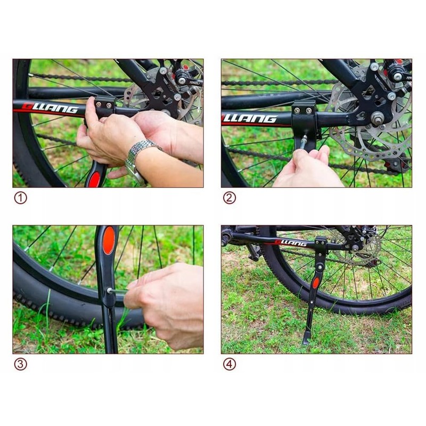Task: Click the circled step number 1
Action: coord(20,198)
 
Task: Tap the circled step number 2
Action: coord(229,198)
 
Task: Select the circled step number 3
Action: coord(20,365)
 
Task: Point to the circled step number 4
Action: coord(229,365)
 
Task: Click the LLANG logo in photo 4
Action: coord(291,243)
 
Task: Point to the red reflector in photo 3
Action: coord(109,240)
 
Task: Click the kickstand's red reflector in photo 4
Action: coord(316,283)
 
